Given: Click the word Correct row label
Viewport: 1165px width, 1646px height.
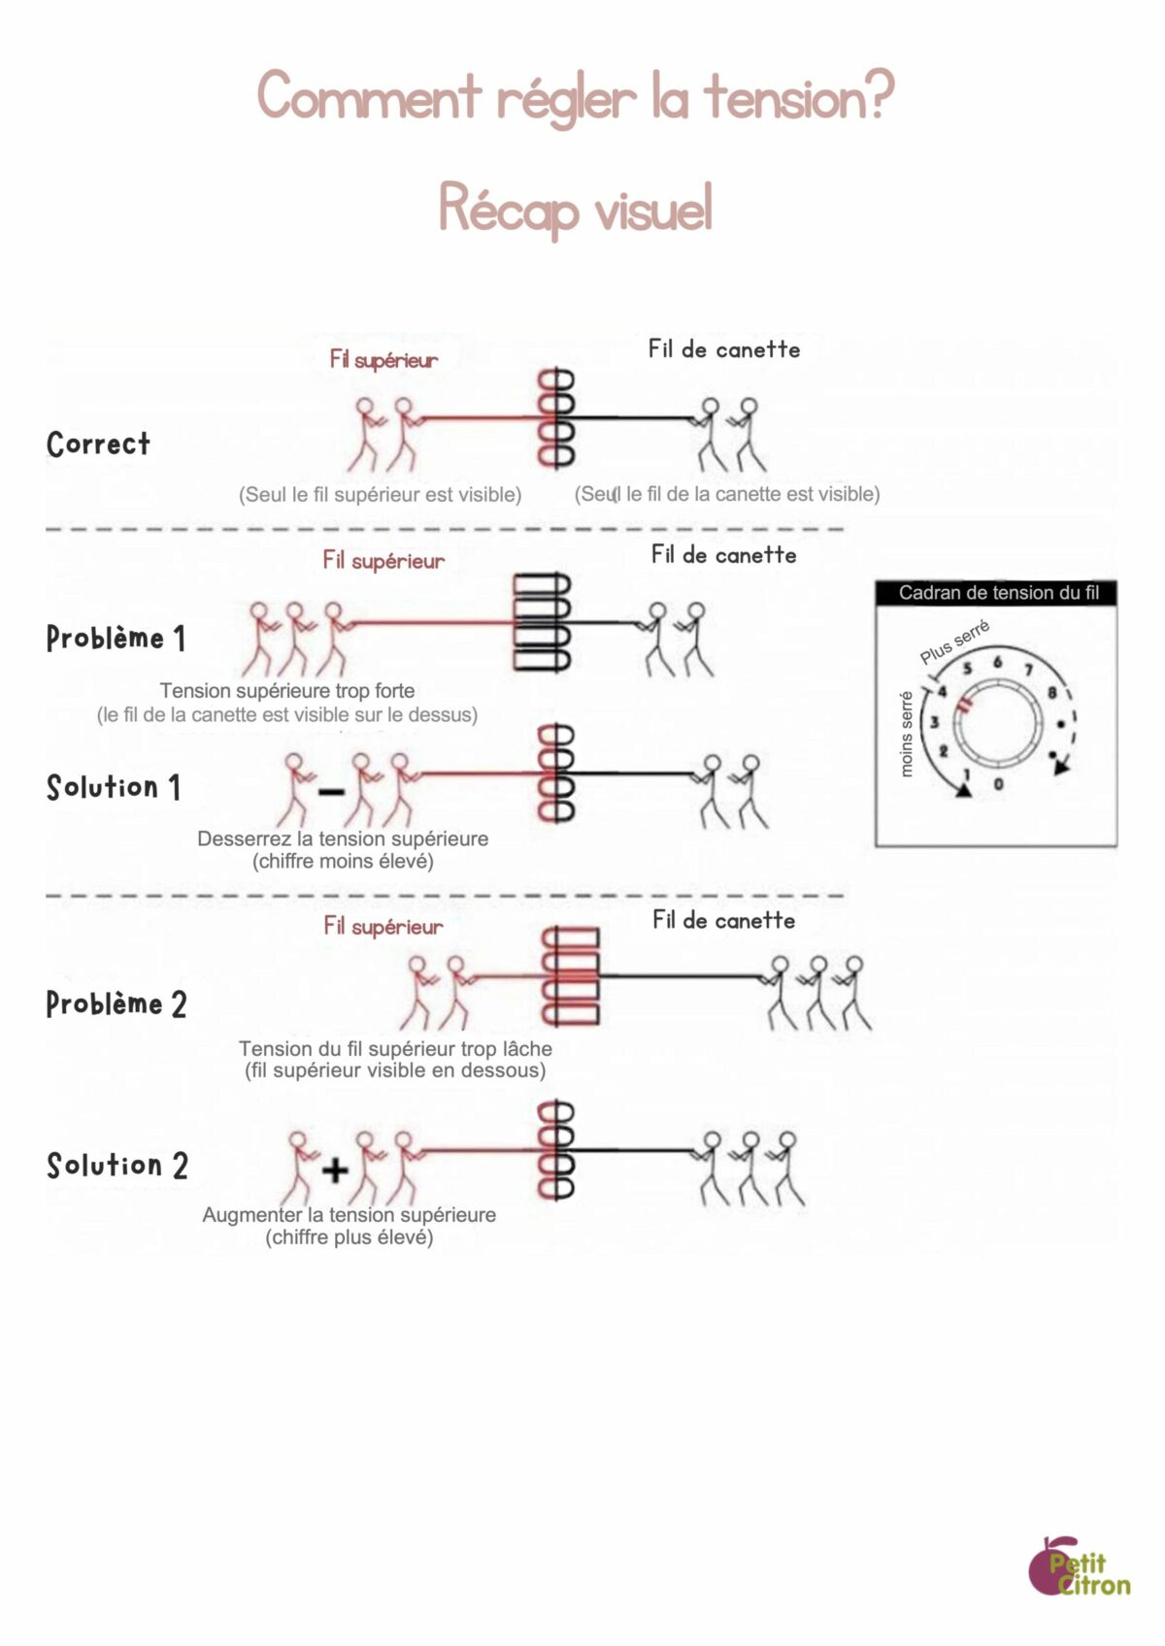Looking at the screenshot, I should (98, 444).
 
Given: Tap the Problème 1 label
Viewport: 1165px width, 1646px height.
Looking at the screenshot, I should (115, 638).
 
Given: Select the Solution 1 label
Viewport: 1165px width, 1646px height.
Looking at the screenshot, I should (113, 787).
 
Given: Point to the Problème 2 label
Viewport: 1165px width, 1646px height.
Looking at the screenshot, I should (116, 1004).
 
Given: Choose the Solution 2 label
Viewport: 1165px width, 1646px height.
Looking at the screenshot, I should (116, 1165).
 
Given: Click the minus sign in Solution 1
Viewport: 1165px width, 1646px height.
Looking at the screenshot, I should (331, 792).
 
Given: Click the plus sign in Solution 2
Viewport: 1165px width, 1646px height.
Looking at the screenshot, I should (335, 1169).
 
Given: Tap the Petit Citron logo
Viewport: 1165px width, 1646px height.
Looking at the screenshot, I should (1080, 1567).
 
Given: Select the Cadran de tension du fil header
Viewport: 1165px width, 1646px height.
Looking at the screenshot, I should (997, 593).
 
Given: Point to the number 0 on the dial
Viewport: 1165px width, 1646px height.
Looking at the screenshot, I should (999, 784).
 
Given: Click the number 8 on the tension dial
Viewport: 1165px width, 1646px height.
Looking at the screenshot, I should (1051, 693).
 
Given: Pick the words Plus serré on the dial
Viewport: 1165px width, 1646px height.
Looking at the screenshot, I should (954, 642).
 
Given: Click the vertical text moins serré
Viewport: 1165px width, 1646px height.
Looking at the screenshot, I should (907, 734).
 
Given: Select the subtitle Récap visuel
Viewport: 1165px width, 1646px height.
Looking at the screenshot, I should (575, 208).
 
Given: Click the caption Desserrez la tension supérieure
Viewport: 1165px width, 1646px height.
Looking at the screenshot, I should (343, 839).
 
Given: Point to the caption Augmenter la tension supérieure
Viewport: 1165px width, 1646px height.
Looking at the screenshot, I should (349, 1215).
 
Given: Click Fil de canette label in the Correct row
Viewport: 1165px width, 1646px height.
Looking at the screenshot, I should (724, 349).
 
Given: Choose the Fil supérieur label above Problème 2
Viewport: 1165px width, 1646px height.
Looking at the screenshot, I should (383, 926).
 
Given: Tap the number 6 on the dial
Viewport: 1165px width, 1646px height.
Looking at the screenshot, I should (997, 662).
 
